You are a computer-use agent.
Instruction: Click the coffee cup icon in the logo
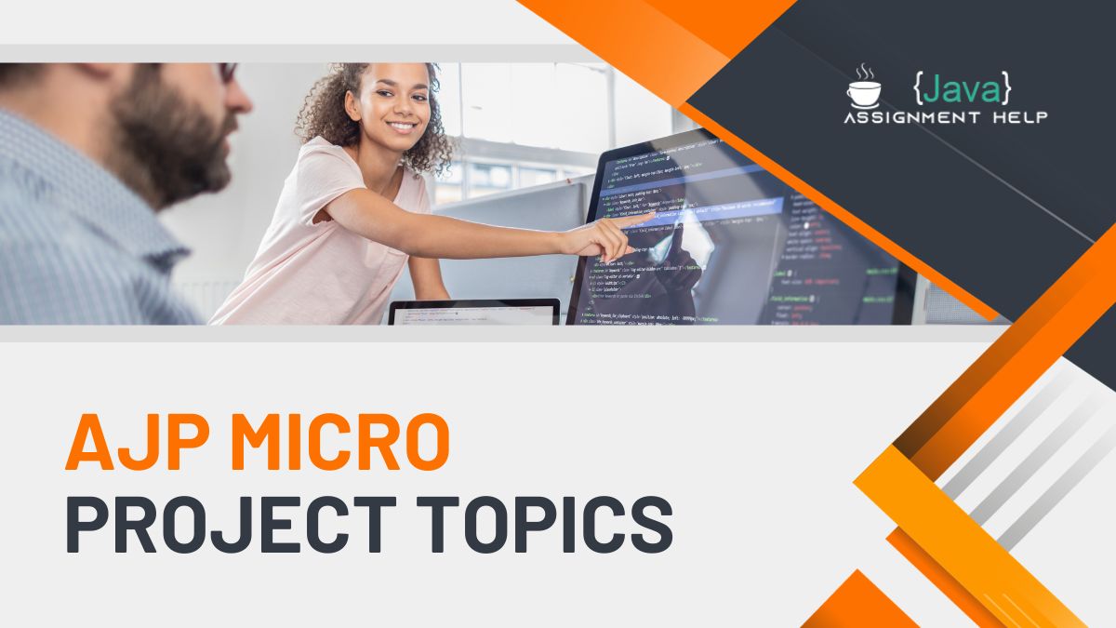(863, 93)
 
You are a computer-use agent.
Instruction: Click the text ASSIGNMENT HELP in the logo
(945, 117)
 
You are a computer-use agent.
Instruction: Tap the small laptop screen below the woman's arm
(474, 314)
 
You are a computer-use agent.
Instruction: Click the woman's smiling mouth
(402, 126)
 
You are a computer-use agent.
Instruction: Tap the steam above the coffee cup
(864, 73)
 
